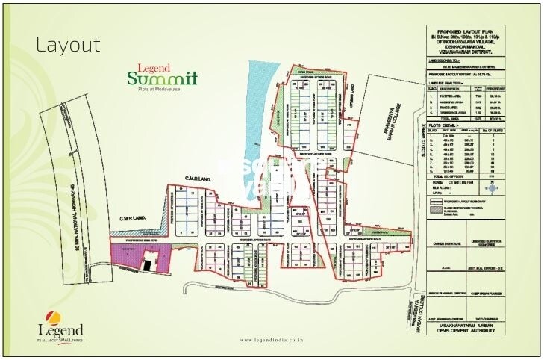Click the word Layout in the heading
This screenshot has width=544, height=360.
[x=68, y=45]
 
